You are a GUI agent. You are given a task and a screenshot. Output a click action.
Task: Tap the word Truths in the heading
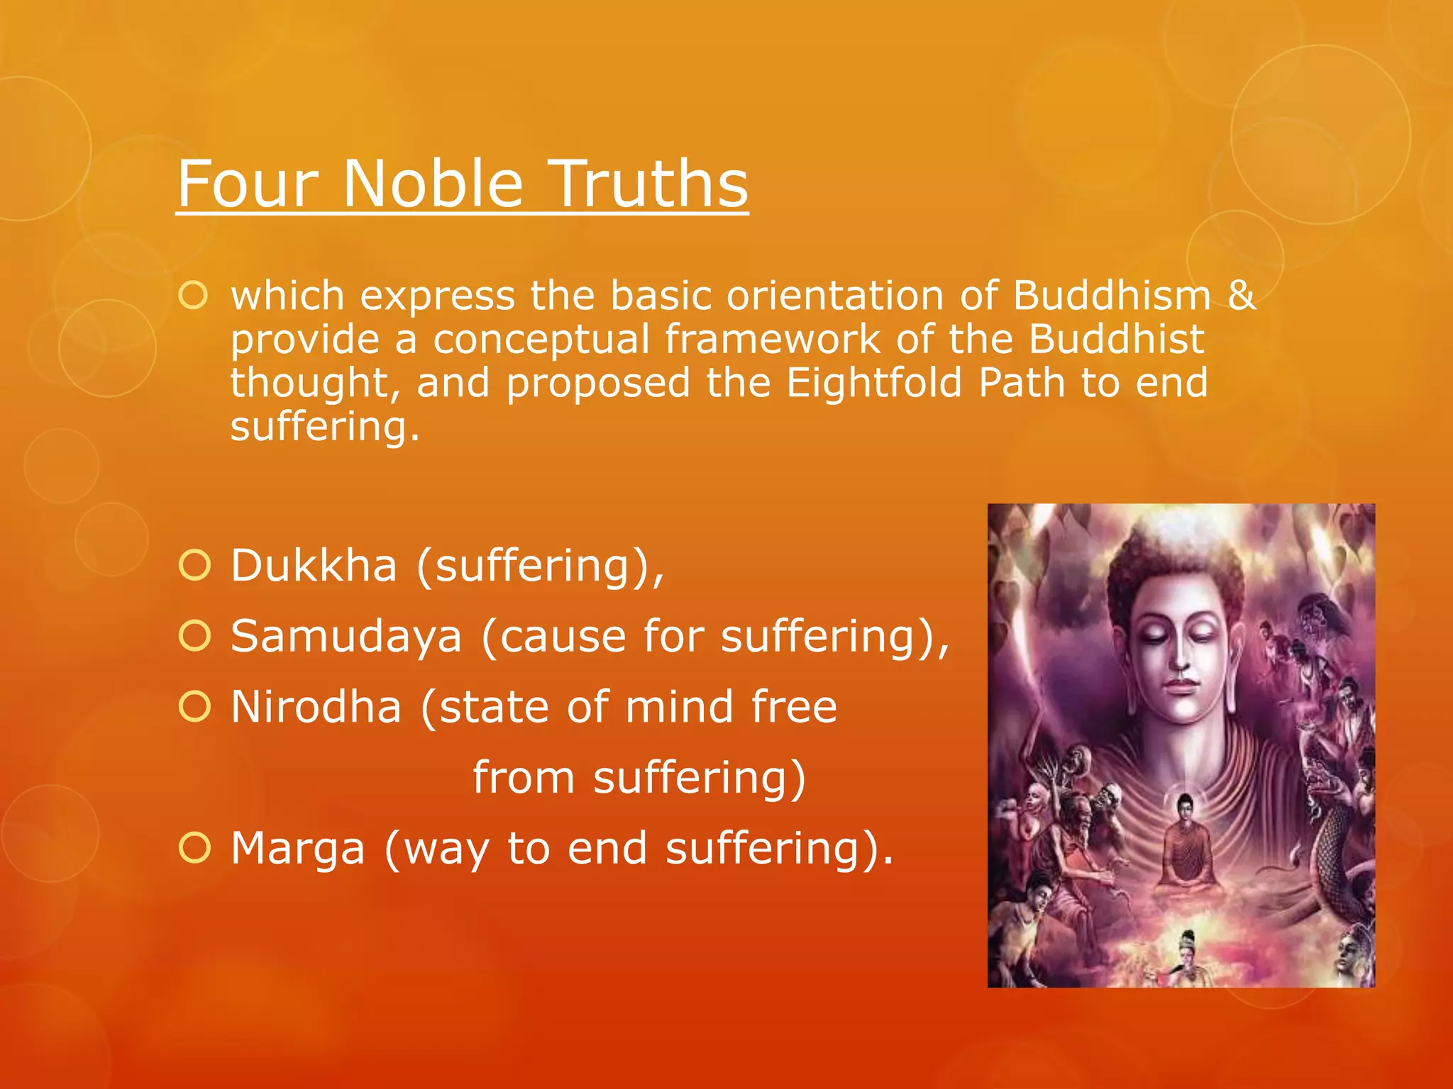coord(649,183)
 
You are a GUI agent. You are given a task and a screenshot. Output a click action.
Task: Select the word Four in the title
coord(248,183)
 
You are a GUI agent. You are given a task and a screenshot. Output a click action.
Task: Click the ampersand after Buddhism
coord(1241,295)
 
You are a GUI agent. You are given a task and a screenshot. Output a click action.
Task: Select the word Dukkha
coord(314,566)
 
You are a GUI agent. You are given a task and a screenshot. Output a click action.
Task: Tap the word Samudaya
coord(346,636)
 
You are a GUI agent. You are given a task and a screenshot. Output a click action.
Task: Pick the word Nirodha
coord(316,707)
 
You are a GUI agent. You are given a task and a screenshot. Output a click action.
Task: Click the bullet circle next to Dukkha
coord(194,566)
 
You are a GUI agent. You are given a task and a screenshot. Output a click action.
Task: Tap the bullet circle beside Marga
coord(194,848)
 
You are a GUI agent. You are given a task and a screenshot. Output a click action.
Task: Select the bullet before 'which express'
coord(193,295)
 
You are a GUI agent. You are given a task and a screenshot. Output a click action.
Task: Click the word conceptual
coord(541,339)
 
